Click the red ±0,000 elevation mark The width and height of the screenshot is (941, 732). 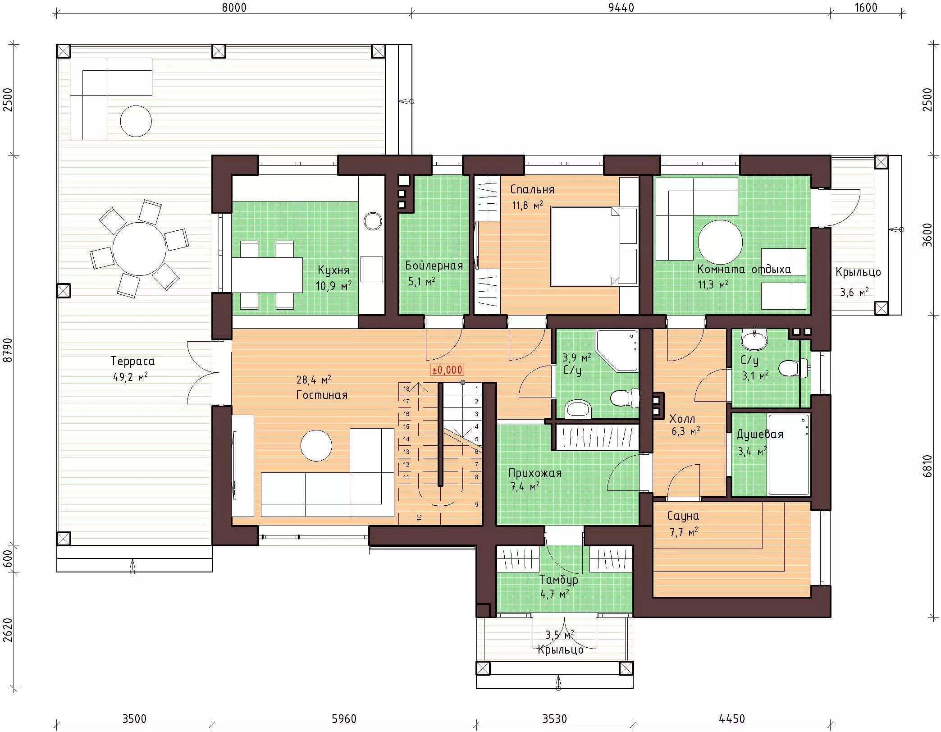[447, 370]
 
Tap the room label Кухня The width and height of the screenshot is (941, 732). [333, 270]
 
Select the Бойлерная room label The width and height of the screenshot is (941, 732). [434, 265]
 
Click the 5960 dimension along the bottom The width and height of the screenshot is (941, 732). [344, 718]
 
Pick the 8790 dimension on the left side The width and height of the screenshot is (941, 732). [8, 350]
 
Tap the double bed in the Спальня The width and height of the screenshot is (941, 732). [594, 246]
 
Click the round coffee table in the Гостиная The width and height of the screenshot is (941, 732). [316, 446]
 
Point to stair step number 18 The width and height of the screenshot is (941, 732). [406, 389]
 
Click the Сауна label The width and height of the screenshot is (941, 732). [683, 516]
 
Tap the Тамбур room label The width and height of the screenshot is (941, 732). [559, 579]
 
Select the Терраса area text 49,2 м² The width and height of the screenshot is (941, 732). [130, 376]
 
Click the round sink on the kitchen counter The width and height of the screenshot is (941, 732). [373, 221]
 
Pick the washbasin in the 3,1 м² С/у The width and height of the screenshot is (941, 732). [754, 339]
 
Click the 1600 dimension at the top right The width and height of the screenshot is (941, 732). [866, 7]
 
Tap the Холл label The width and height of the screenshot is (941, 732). [682, 418]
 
